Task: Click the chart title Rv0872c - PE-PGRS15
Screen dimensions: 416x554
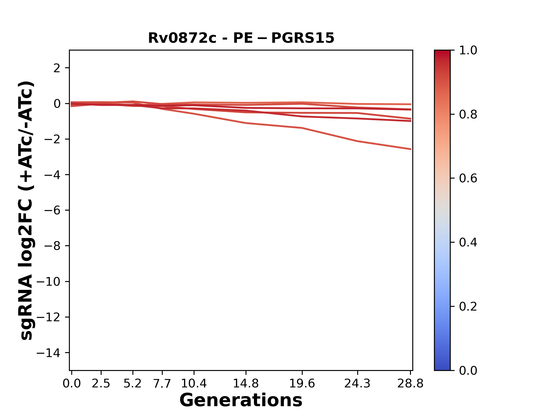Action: pyautogui.click(x=241, y=38)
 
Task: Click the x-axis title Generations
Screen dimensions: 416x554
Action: pyautogui.click(x=241, y=400)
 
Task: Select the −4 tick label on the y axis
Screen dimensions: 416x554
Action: pyautogui.click(x=52, y=175)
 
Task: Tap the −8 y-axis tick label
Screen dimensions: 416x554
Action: pyautogui.click(x=52, y=246)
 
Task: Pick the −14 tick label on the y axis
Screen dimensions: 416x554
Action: pyautogui.click(x=48, y=353)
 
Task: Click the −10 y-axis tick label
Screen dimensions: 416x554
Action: pyautogui.click(x=48, y=282)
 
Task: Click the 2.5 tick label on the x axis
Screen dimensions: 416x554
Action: pyautogui.click(x=101, y=384)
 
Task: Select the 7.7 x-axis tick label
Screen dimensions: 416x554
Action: pyautogui.click(x=162, y=384)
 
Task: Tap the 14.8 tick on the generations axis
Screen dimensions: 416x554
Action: pyautogui.click(x=246, y=384)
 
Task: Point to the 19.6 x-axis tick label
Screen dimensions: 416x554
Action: pyautogui.click(x=302, y=384)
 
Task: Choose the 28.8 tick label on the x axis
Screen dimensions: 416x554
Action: pyautogui.click(x=410, y=384)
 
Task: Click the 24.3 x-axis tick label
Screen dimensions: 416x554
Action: pyautogui.click(x=358, y=384)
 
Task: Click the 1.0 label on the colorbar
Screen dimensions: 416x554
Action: pyautogui.click(x=468, y=51)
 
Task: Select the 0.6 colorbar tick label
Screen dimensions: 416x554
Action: pyautogui.click(x=468, y=179)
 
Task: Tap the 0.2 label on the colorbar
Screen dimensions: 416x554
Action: pyautogui.click(x=468, y=307)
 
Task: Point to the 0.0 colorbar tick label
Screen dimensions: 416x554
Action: pyautogui.click(x=468, y=371)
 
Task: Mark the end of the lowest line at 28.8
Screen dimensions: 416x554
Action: pyautogui.click(x=411, y=149)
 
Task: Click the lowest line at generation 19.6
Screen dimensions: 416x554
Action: pyautogui.click(x=302, y=128)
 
